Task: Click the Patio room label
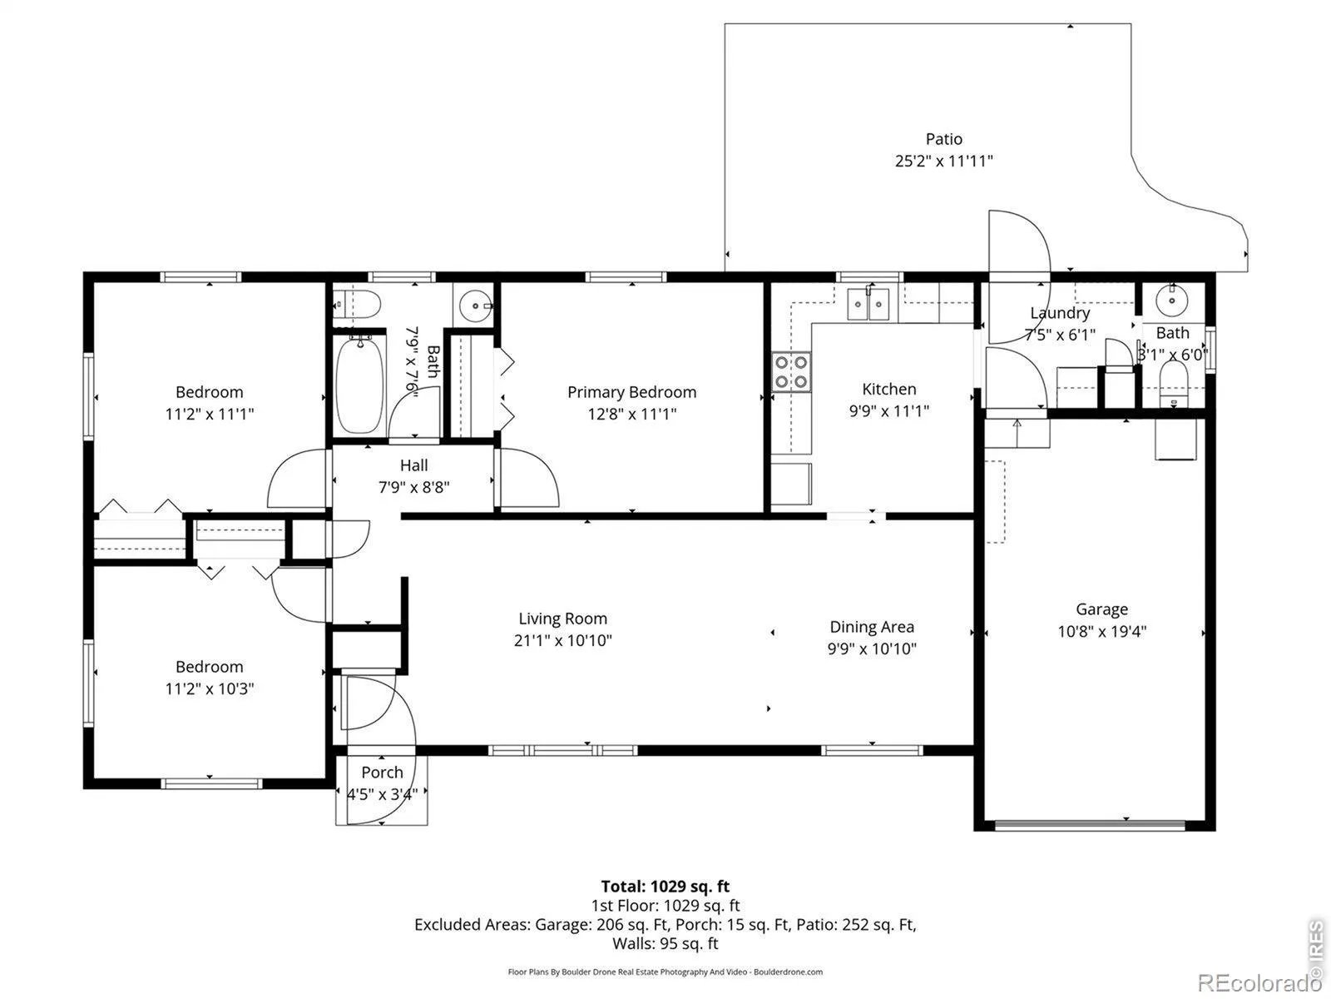[x=943, y=139]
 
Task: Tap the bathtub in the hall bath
[x=359, y=385]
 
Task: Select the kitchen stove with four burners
[x=791, y=372]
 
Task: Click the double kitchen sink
[x=868, y=303]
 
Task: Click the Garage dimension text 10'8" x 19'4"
[x=1101, y=631]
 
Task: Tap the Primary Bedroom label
[x=632, y=392]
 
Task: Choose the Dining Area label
[x=871, y=627]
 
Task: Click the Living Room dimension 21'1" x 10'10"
[x=562, y=640]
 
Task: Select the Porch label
[x=382, y=773]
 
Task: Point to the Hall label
[x=413, y=465]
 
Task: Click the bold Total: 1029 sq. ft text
[x=665, y=886]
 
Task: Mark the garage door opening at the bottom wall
[x=1090, y=826]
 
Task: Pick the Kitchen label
[x=889, y=389]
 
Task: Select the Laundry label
[x=1060, y=313]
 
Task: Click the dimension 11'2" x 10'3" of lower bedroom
[x=209, y=688]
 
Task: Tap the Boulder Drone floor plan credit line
[x=665, y=972]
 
